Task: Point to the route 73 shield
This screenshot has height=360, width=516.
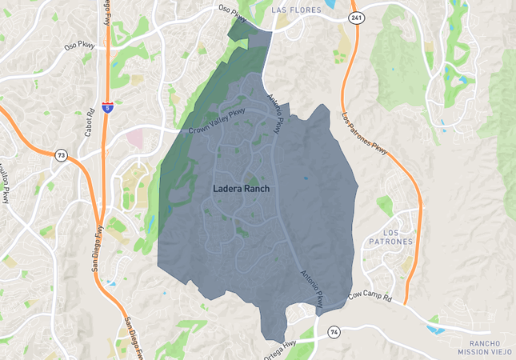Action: coord(62,154)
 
